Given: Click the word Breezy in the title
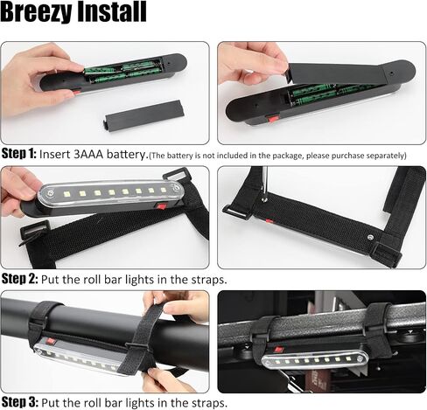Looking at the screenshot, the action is [x=36, y=12].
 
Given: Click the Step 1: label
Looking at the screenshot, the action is [x=19, y=154].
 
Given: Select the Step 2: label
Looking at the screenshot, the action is [x=19, y=279].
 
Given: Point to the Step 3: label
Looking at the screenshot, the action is [x=19, y=402].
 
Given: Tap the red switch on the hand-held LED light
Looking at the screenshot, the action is [x=161, y=206].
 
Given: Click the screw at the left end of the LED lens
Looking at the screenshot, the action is [x=51, y=193].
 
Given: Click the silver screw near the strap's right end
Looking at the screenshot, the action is [x=371, y=238].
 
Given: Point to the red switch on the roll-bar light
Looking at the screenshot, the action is [x=51, y=341].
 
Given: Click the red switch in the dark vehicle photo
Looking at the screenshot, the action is [x=279, y=349].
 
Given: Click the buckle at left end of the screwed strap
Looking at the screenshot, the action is [x=236, y=212].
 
